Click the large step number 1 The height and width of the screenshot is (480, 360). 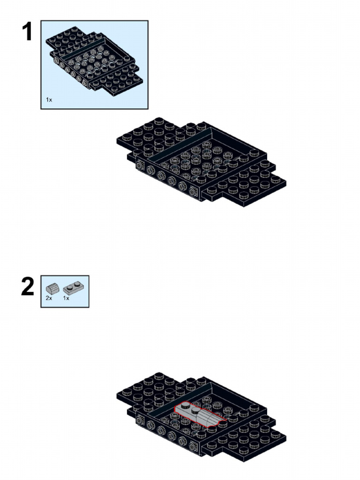(x=28, y=31)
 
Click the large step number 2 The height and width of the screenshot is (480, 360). (x=28, y=286)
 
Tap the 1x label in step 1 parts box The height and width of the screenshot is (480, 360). (x=49, y=100)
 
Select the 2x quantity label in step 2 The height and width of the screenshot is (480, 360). (x=49, y=298)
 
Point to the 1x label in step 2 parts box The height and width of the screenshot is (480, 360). (x=66, y=298)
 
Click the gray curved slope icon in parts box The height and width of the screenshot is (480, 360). (x=52, y=289)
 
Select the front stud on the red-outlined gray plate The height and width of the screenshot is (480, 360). (x=195, y=412)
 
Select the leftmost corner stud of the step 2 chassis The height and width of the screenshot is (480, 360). (x=127, y=393)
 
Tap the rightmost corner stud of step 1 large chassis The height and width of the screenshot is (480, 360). (x=275, y=179)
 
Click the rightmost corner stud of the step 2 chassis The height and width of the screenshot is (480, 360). (x=275, y=434)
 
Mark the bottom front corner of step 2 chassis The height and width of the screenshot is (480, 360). (x=244, y=462)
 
